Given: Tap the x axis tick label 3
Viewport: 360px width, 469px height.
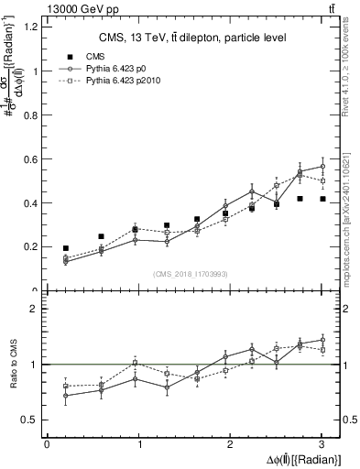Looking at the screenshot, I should pos(322,444).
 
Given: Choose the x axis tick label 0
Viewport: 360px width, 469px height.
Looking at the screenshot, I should pos(47,444).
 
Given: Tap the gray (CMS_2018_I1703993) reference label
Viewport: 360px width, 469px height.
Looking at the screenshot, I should pos(191,274).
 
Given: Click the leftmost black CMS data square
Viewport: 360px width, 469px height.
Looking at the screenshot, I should pos(65,248).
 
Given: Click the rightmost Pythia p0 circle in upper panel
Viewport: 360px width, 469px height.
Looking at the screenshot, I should pos(322,166).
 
